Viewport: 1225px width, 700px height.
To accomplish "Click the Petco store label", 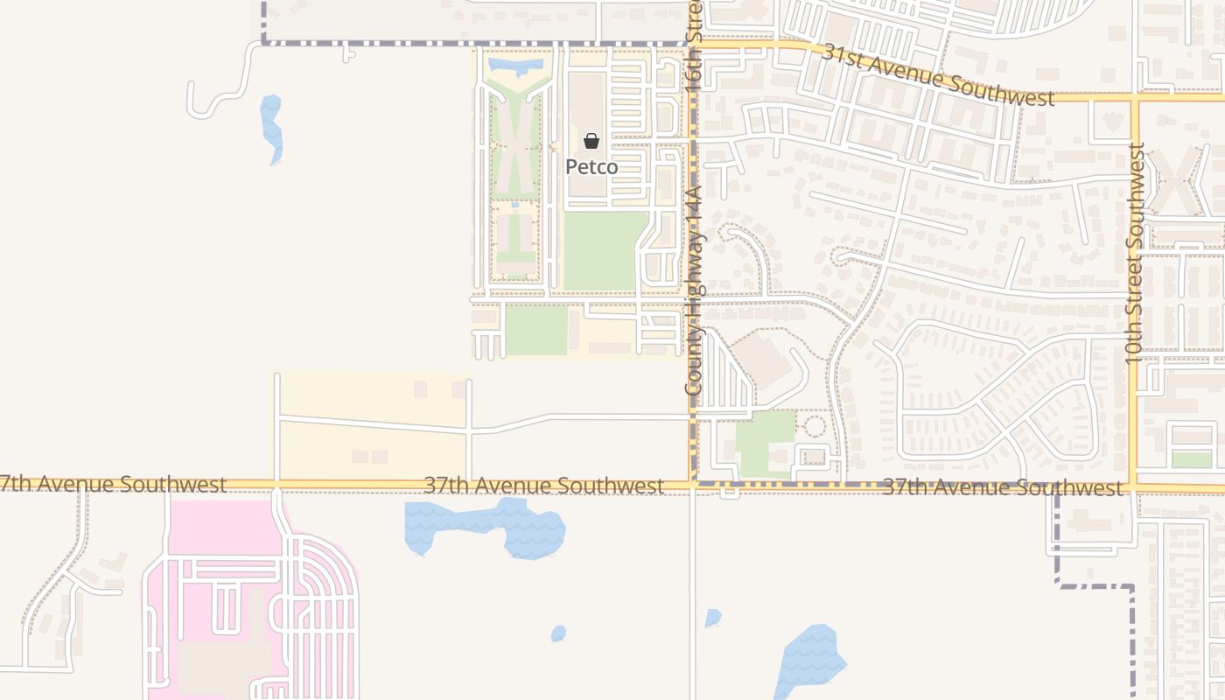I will pyautogui.click(x=591, y=166).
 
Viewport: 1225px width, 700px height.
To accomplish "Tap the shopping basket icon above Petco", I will pyautogui.click(x=591, y=141).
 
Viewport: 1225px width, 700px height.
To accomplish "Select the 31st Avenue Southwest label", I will pyautogui.click(x=937, y=75).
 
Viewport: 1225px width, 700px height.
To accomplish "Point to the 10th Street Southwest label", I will pyautogui.click(x=1135, y=254).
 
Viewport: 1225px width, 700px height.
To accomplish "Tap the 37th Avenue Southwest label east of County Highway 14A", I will pyautogui.click(x=1001, y=487).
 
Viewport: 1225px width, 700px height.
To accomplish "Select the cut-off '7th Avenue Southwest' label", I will pyautogui.click(x=114, y=484).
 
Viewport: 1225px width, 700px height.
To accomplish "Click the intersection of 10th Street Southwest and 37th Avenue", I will pyautogui.click(x=1135, y=486).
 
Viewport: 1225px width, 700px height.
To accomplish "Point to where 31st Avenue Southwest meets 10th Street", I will pyautogui.click(x=1135, y=97).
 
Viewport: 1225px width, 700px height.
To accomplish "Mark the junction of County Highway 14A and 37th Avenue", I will pyautogui.click(x=693, y=483).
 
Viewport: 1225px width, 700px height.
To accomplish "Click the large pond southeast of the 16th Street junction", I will pyautogui.click(x=812, y=659).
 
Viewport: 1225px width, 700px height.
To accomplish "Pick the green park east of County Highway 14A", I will pyautogui.click(x=765, y=442).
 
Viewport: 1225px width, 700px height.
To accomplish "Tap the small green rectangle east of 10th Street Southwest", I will pyautogui.click(x=1191, y=459).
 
